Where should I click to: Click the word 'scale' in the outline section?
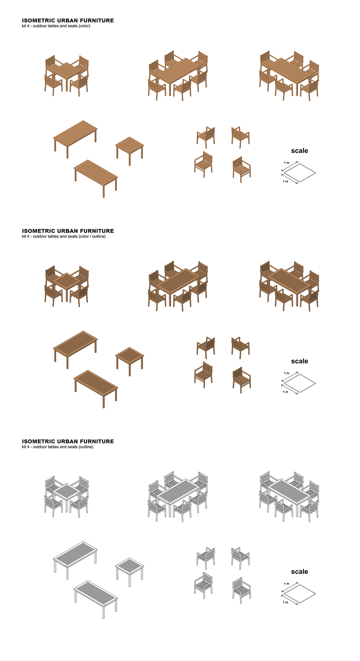[299, 571]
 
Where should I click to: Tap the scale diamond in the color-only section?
[299, 172]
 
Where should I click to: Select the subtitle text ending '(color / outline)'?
[64, 237]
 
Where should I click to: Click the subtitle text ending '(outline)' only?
[57, 447]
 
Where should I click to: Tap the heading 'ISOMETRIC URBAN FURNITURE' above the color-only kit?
[68, 20]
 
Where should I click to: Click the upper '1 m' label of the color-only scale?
[287, 163]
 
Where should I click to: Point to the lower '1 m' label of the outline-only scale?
[285, 602]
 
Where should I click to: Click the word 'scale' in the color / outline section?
[299, 361]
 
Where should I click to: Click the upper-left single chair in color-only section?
[206, 136]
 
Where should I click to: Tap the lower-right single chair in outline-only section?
[241, 589]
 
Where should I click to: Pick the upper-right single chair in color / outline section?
[240, 347]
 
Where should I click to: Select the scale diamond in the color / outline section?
[299, 383]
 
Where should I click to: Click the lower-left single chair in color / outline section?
[203, 374]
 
